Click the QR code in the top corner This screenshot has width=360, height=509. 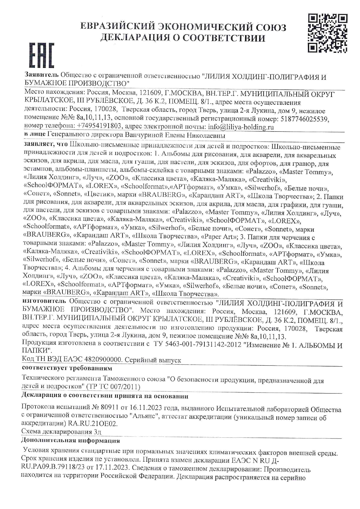click(x=328, y=34)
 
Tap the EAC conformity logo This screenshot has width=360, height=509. click(x=42, y=55)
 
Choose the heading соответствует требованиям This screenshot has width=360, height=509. click(x=67, y=369)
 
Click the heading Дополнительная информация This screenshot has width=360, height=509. click(x=71, y=441)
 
